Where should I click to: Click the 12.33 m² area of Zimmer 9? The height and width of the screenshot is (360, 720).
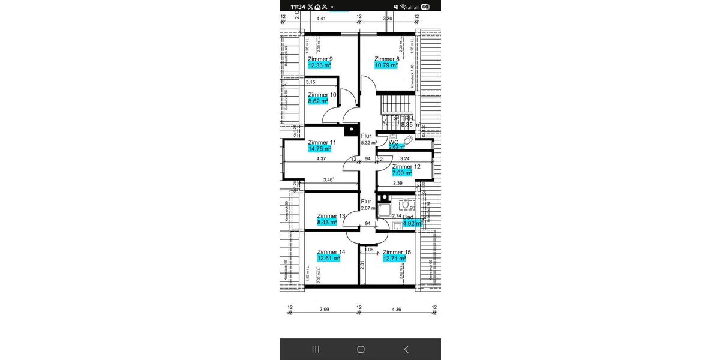(320, 65)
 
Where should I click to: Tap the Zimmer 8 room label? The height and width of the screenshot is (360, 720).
(387, 59)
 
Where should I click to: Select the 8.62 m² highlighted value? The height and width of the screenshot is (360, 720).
(318, 101)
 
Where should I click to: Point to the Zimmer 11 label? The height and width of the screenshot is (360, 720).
(322, 142)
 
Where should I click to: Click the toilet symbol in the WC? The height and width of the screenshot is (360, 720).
(409, 140)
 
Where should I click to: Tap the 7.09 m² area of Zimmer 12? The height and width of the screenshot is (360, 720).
(402, 173)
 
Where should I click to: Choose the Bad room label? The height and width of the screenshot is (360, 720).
(408, 217)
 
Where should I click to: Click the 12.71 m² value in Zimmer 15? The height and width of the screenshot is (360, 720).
(395, 259)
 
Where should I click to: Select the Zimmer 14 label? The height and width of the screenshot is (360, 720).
(331, 252)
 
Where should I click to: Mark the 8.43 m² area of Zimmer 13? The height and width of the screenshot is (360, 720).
(327, 222)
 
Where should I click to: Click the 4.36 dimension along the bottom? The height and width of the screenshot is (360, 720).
(396, 310)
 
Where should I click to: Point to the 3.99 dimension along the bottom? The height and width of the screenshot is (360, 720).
(324, 310)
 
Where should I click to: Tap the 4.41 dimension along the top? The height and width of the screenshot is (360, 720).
(321, 19)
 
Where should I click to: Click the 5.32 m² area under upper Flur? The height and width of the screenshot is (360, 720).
(368, 143)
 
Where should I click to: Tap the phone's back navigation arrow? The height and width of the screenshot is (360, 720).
(406, 349)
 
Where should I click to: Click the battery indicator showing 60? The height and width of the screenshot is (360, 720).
(425, 7)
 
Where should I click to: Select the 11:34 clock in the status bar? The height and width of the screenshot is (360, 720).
(298, 7)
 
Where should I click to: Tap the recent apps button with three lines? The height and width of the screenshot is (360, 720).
(316, 349)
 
